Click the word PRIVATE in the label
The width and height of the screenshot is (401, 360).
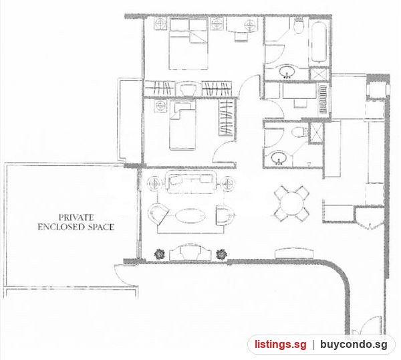(76, 217)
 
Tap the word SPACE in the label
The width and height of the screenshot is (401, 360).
(101, 227)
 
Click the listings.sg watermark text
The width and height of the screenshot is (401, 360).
(280, 345)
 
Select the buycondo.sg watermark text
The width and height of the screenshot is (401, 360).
(354, 345)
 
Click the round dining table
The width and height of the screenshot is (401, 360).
(291, 204)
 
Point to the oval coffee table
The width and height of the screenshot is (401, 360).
(190, 216)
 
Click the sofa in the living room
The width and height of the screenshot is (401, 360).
(190, 182)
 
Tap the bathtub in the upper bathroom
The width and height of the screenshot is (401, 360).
(319, 42)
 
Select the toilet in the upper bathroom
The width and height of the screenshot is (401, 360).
(299, 25)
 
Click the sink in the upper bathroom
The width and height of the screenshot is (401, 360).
(287, 72)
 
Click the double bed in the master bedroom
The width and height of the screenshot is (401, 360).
(188, 43)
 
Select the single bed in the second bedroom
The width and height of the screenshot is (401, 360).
(182, 125)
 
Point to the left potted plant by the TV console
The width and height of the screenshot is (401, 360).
(160, 254)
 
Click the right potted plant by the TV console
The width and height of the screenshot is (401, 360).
(221, 254)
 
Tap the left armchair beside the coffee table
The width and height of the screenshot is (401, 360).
(158, 214)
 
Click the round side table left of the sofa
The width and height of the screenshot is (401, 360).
(155, 183)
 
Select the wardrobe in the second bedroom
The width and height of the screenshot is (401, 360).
(227, 118)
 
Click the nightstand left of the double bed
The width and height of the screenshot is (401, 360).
(160, 24)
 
